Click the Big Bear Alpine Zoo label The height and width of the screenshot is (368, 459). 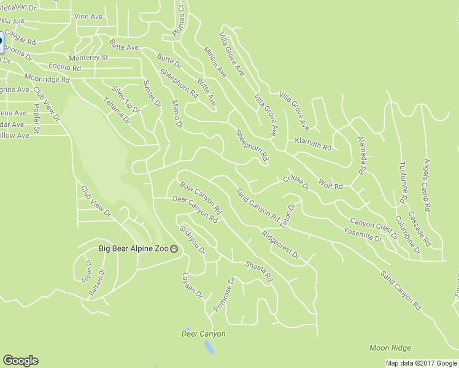click(134, 249)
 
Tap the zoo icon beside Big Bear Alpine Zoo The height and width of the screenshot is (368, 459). click(175, 249)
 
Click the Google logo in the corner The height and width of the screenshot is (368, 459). click(20, 361)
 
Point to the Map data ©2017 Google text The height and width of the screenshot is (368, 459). click(421, 363)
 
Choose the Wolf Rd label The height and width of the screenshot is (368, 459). click(330, 183)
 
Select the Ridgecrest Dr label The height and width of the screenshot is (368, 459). click(279, 244)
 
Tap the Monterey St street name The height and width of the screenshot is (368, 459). click(88, 58)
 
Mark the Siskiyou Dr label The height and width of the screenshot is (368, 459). click(191, 239)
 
